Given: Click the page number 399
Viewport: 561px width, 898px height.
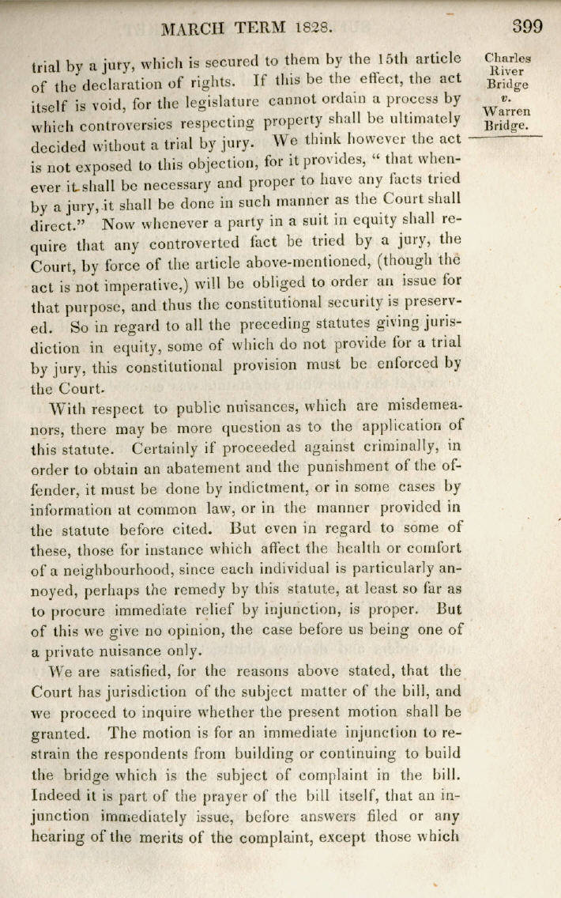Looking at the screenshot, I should click(528, 26).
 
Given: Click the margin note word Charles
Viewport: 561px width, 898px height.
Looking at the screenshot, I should click(507, 58).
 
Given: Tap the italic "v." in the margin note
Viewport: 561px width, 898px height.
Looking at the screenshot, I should click(508, 98).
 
